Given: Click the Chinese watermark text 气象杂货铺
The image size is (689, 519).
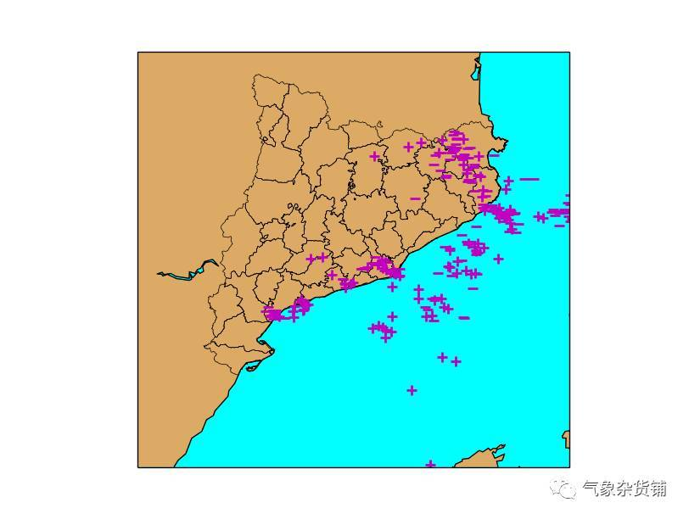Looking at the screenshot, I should [624, 489].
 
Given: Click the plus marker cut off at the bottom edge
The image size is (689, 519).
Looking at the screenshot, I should [430, 464].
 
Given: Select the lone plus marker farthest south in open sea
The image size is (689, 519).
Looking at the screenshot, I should [412, 390].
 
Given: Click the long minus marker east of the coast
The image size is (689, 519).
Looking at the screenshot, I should [529, 179].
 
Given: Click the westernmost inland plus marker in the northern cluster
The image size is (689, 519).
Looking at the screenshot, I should [374, 156].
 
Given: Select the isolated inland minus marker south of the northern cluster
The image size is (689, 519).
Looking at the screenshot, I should [415, 198].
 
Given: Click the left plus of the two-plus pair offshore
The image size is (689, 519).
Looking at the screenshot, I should [442, 357].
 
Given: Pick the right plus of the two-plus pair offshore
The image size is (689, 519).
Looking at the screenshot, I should [456, 361].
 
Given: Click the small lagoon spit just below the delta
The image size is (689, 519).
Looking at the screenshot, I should [253, 368].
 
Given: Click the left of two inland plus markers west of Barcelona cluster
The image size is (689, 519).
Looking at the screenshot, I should [311, 259].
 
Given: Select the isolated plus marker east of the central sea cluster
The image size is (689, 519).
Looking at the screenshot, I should [498, 259].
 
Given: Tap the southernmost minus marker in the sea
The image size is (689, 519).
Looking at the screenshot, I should [464, 318].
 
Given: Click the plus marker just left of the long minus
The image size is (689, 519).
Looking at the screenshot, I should [508, 181].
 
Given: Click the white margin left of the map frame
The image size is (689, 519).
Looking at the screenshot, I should [68, 254].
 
